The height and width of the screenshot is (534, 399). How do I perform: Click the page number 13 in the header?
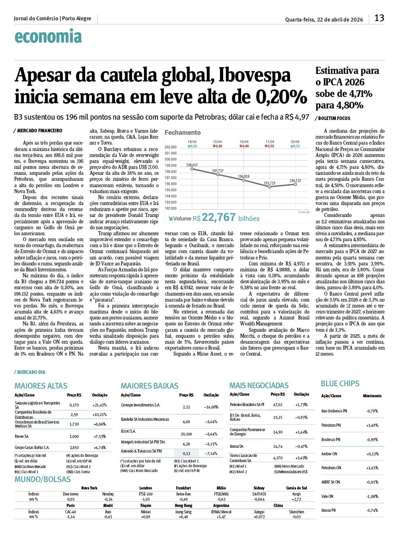(379, 18)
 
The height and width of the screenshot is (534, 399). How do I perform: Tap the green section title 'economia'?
(48, 37)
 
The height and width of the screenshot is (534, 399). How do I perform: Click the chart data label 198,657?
(192, 165)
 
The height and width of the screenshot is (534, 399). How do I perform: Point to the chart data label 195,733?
(269, 183)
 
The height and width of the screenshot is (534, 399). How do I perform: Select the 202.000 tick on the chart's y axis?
(170, 147)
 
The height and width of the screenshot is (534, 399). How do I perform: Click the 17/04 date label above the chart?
(270, 142)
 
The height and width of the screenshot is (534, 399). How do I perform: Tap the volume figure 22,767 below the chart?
(218, 217)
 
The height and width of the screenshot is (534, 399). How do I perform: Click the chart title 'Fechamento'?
(183, 132)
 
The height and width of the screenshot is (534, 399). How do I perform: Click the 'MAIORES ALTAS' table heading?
(41, 386)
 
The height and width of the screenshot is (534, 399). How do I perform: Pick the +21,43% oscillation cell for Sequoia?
(99, 405)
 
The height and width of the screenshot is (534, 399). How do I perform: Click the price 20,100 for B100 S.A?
(186, 434)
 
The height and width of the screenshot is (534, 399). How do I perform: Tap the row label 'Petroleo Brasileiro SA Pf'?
(247, 404)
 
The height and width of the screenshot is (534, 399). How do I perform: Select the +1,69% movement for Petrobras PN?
(372, 425)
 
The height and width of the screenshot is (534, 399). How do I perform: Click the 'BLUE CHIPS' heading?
(340, 383)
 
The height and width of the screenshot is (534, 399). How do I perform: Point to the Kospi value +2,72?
(296, 499)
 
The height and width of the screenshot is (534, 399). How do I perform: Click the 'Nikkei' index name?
(146, 512)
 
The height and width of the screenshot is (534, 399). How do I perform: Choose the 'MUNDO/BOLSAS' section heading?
(43, 479)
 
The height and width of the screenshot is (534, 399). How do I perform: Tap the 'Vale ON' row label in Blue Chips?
(327, 496)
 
